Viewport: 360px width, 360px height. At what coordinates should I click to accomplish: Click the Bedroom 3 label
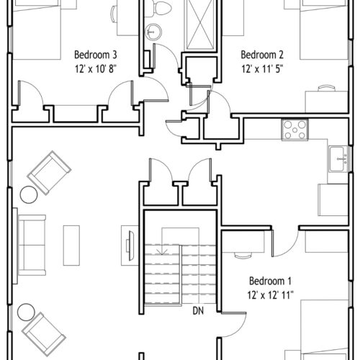click(x=96, y=55)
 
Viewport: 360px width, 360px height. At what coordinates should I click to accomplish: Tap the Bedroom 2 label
click(x=262, y=55)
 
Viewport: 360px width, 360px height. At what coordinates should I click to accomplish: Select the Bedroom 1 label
click(x=270, y=281)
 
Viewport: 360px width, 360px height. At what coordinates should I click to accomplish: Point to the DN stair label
click(x=198, y=311)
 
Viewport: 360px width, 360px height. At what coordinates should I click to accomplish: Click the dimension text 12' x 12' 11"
click(x=271, y=295)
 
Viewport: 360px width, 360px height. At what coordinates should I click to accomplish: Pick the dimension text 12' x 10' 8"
click(x=96, y=69)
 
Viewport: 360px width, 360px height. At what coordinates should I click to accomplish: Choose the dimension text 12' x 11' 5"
click(x=262, y=69)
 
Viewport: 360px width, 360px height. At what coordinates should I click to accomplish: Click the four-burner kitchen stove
click(x=295, y=130)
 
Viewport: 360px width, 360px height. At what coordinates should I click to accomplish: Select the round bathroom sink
click(x=153, y=32)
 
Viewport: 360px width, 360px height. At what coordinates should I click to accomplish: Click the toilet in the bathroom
click(x=158, y=8)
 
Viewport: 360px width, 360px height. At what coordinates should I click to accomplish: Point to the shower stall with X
click(x=200, y=25)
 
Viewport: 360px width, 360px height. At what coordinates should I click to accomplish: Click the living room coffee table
click(x=71, y=246)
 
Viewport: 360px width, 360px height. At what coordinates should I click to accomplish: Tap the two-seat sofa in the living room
click(x=32, y=245)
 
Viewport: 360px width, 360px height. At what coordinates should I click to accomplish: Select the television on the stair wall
click(x=130, y=246)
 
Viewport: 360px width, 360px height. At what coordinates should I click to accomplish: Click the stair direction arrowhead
click(x=162, y=252)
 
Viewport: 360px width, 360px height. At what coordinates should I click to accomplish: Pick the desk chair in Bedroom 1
click(x=243, y=256)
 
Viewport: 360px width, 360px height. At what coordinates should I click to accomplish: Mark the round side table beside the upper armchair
click(x=29, y=194)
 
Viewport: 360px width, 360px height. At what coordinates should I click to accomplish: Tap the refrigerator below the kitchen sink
click(x=333, y=200)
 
